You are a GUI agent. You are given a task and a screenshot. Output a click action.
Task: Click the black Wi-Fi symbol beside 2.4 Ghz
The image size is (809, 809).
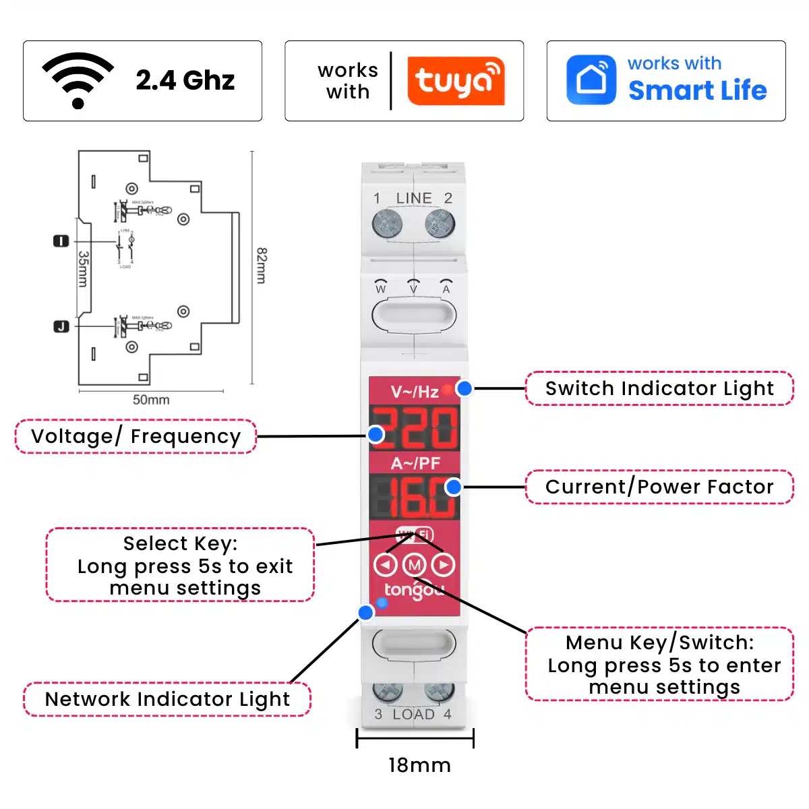coord(78,80)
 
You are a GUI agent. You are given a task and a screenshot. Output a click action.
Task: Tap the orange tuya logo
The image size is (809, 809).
coord(456,81)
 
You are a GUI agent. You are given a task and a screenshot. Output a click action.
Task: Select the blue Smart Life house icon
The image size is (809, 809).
coord(591,80)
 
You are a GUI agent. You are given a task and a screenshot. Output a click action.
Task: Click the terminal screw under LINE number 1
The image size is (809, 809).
coord(387,223)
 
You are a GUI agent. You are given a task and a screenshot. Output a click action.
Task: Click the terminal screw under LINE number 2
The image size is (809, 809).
coord(440,223)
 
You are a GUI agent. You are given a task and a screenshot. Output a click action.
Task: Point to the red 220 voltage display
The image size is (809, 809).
coord(415,428)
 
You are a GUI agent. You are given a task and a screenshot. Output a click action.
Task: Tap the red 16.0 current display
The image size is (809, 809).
coord(415,497)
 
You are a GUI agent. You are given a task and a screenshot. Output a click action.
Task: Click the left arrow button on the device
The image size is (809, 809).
coord(386,564)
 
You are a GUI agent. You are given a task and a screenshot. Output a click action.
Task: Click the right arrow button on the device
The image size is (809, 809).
coord(443,564)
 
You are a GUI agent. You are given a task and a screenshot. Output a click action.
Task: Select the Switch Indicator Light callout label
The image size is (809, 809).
coord(659,388)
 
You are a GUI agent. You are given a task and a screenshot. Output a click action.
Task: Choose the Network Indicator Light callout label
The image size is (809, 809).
coord(167,699)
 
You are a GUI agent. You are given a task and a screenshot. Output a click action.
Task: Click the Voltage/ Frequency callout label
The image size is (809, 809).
coord(136,436)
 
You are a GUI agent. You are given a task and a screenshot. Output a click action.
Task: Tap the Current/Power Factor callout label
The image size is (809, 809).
coord(659,487)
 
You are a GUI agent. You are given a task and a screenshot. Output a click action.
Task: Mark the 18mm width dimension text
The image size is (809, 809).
coord(419,765)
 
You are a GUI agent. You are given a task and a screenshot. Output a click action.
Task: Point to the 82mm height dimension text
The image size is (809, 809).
coord(262,266)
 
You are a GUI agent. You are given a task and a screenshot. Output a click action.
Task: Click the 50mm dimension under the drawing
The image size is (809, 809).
coord(151,400)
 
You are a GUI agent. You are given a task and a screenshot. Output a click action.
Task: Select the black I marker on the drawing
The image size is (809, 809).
coord(61,241)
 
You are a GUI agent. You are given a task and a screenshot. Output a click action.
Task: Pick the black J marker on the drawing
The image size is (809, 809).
coord(61,326)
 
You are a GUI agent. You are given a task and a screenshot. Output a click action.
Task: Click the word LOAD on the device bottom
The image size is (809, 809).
coord(413,715)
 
